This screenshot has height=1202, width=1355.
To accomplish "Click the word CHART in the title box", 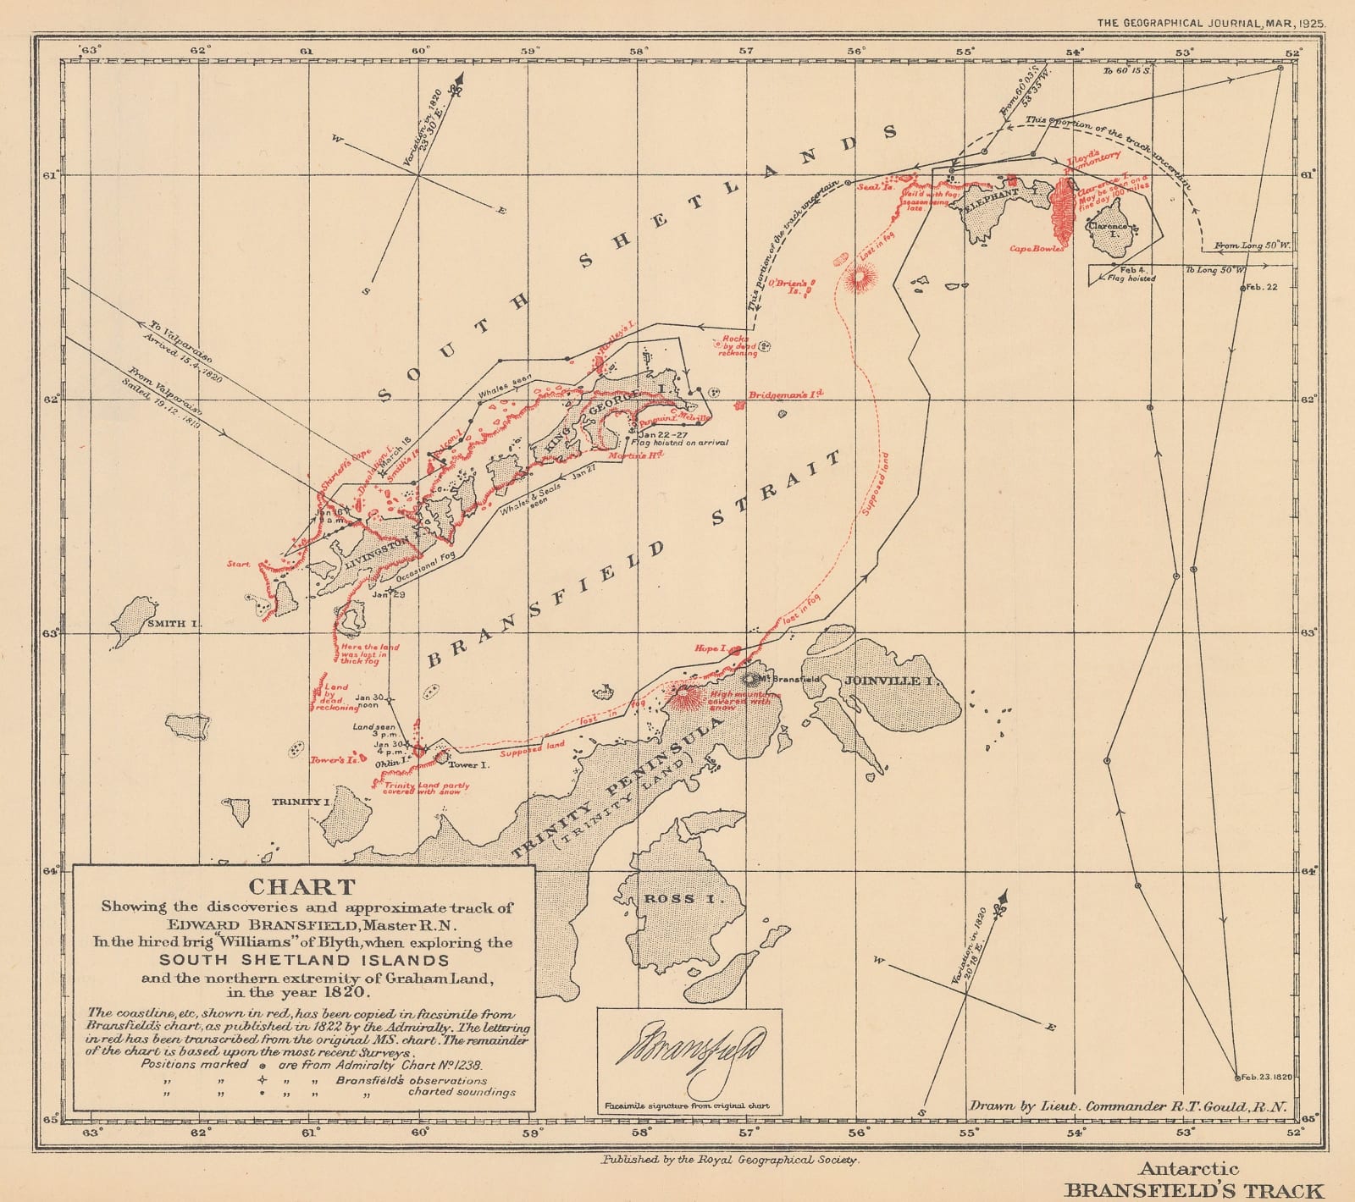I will click(301, 887).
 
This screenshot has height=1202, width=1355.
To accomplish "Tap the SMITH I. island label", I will click(173, 624).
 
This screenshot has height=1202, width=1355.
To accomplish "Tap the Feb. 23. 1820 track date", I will click(1264, 1078).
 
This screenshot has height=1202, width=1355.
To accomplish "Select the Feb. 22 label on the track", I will click(1261, 287).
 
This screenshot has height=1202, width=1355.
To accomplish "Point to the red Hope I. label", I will click(708, 649).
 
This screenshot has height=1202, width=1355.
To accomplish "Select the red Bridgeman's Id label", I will click(785, 394).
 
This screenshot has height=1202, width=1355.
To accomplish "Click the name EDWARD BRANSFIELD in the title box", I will click(301, 924).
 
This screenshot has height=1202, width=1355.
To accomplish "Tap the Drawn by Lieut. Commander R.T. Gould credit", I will click(1125, 1106).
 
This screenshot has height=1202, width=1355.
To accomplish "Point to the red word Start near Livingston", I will click(238, 563).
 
